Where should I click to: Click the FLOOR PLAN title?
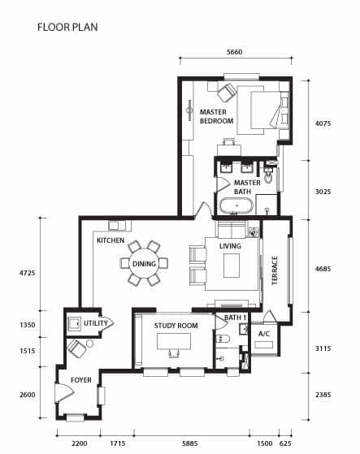point(67,28)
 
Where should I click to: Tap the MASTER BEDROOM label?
point(217,116)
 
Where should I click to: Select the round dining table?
point(144,264)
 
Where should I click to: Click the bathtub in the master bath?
point(236,205)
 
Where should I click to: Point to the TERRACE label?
point(275,270)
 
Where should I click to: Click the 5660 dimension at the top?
point(234,52)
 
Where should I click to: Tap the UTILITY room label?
point(96,323)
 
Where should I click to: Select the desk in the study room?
point(174,341)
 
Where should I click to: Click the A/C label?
point(264,334)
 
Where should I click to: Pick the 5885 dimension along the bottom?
point(189,443)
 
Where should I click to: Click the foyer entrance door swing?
point(64,393)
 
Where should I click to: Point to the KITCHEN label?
point(111,240)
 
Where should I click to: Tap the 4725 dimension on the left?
point(28,273)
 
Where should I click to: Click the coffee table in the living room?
point(232,266)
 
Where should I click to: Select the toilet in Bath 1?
point(223,339)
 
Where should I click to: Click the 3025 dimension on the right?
point(323,192)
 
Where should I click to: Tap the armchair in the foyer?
point(76,348)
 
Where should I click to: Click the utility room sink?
point(74,323)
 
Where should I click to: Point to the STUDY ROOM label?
point(176,326)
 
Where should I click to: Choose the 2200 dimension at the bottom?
point(79,443)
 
